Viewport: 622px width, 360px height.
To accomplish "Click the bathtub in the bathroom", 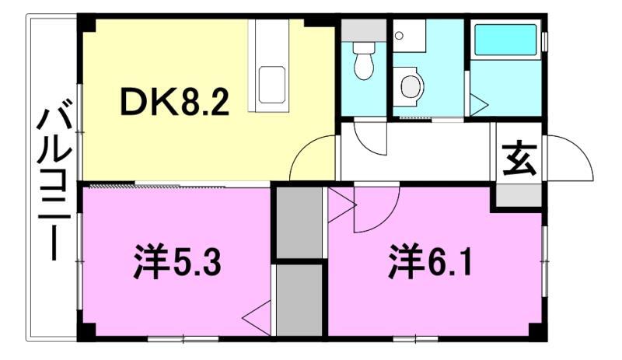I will coord(505,40).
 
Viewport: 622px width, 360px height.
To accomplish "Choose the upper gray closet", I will coord(299,222).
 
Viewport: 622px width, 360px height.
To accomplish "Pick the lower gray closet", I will coord(299,299).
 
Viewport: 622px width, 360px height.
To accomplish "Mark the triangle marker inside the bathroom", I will coord(477,103).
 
